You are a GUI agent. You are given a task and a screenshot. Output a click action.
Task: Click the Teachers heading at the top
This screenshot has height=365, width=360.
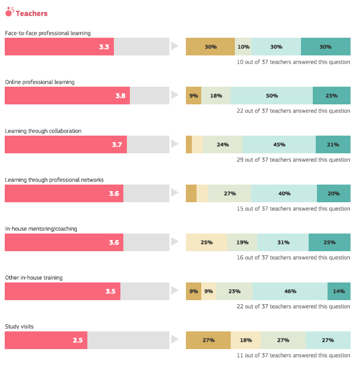31,13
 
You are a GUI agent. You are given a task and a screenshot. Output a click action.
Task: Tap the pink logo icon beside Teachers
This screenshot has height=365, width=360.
9,12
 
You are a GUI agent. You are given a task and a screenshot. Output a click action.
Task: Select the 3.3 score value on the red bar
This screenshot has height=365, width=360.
104,47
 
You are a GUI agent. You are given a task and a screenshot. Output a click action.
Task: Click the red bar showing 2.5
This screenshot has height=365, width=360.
46,340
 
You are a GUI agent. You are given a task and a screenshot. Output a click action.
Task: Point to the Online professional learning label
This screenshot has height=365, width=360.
40,82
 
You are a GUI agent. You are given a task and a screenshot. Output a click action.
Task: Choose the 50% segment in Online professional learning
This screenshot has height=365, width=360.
271,96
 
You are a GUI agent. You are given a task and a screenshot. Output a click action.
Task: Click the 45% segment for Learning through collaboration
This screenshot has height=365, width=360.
279,144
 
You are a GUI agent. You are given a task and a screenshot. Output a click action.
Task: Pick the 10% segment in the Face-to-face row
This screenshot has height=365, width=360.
243,47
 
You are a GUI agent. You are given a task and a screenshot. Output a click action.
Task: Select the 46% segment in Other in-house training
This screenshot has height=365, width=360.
290,291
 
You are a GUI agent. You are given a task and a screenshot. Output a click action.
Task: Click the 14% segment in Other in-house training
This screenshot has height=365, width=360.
339,291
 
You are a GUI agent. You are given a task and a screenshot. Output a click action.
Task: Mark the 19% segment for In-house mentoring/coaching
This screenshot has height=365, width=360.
242,242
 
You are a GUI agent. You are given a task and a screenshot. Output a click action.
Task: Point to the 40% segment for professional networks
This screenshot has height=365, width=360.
284,193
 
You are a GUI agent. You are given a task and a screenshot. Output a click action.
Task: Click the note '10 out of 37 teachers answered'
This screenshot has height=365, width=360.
293,62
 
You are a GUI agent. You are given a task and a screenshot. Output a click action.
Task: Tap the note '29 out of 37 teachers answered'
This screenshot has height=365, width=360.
293,160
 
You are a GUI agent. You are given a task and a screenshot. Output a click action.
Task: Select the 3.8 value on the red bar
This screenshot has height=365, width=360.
120,96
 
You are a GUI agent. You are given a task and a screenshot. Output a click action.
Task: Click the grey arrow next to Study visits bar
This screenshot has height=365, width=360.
174,340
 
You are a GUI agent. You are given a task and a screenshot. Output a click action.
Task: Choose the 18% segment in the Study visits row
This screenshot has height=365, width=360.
246,340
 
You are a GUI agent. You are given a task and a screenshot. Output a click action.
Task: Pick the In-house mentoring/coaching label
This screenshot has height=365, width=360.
41,229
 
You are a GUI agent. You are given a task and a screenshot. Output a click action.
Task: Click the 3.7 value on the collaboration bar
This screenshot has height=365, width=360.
117,144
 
